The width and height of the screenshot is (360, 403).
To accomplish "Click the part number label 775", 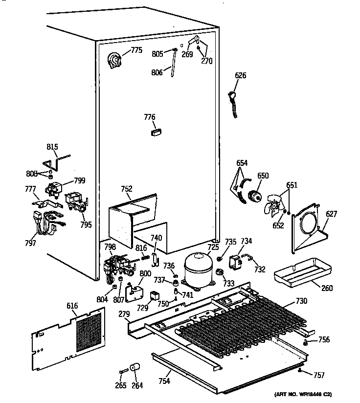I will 136,50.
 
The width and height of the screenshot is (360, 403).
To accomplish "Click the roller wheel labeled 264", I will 134,368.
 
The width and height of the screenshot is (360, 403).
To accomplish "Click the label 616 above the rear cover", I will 72,306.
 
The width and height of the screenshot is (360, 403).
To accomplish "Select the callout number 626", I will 241,75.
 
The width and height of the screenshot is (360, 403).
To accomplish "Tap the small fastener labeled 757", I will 299,372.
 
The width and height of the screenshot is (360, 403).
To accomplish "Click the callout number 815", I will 52,147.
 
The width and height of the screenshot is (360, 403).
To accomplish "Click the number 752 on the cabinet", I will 127,189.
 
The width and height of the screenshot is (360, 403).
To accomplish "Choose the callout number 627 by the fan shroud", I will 332,213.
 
